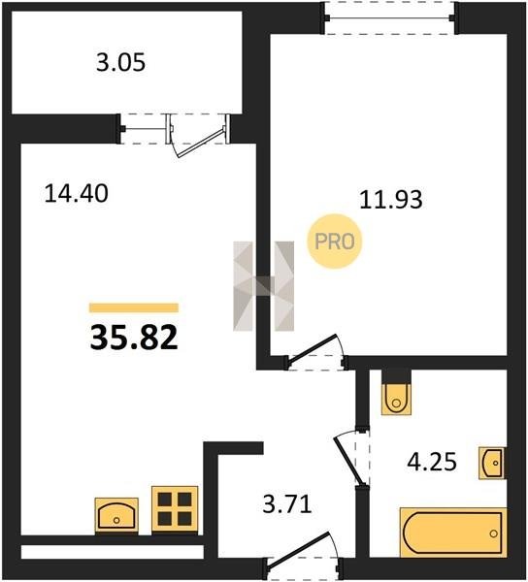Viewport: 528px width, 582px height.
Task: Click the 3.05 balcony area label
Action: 120,62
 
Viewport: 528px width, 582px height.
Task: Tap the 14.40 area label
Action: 76,193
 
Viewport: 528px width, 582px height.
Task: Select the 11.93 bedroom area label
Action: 391,200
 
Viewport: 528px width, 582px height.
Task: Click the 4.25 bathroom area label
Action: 432,462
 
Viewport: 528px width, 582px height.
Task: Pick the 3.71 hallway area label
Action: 287,504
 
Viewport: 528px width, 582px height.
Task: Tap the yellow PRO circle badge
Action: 335,242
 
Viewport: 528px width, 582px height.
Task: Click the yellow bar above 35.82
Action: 134,307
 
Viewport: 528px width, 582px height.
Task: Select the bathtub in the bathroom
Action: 453,533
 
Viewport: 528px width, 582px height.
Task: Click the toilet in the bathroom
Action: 396,399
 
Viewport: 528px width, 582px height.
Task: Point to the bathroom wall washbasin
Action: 492,463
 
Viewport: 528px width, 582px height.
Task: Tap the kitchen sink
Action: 116,516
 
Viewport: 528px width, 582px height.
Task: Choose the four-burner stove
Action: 175,509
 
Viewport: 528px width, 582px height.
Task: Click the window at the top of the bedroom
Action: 389,17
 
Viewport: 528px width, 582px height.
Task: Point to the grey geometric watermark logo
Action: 264,286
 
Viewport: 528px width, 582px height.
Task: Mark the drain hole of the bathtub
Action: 493,533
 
